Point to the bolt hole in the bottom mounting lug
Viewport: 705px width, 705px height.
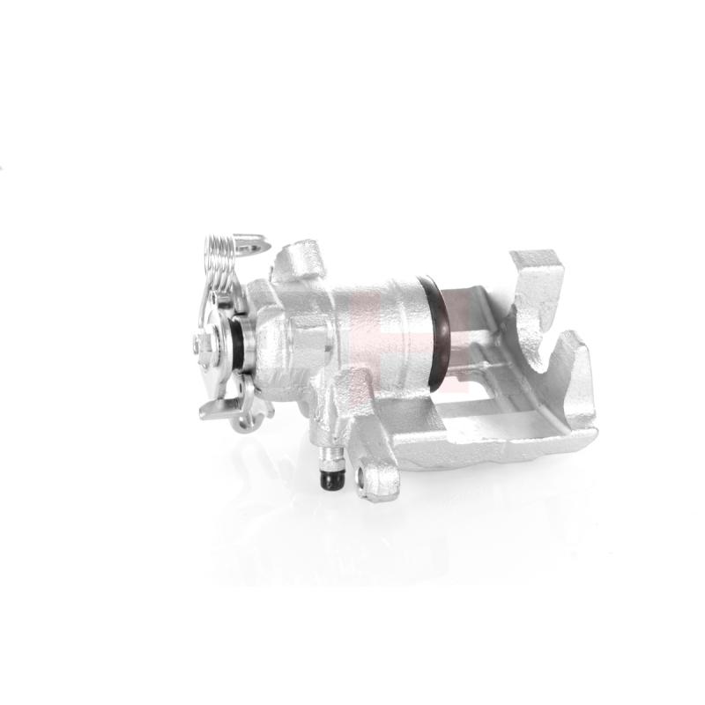361,480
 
